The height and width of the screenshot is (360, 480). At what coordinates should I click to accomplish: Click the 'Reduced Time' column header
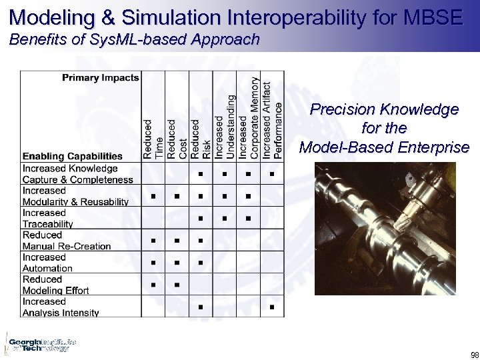[153, 139]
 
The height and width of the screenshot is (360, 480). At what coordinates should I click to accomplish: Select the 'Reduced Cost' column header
[177, 139]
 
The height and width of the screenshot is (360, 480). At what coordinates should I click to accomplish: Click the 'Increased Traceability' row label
[48, 219]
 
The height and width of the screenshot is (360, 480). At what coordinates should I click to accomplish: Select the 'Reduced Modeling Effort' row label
[56, 285]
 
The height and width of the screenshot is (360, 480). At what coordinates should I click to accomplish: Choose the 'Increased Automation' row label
[48, 263]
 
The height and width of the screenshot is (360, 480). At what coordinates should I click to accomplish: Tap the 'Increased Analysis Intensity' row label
[61, 307]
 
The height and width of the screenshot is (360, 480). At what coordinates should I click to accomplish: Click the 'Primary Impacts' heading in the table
[101, 77]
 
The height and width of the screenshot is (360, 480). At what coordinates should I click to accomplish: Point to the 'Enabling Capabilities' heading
[73, 156]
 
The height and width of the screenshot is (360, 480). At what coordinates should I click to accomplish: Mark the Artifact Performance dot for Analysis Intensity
[272, 307]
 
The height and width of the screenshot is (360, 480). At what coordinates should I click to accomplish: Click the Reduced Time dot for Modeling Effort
[153, 285]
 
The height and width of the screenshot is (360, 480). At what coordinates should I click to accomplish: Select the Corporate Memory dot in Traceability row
[248, 219]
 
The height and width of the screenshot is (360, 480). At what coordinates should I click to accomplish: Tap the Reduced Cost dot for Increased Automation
[177, 263]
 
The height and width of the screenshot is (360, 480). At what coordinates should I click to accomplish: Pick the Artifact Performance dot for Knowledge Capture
[272, 175]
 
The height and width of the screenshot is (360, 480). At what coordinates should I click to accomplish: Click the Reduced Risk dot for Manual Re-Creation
[201, 241]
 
